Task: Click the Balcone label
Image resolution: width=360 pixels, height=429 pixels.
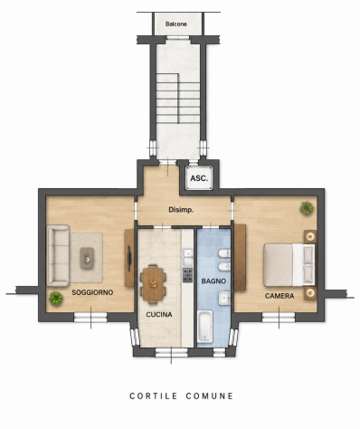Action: [x=176, y=24]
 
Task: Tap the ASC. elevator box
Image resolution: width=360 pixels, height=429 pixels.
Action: [x=199, y=178]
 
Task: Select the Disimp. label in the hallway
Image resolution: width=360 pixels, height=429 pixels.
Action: [x=181, y=210]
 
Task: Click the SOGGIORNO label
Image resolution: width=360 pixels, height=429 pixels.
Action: [x=92, y=292]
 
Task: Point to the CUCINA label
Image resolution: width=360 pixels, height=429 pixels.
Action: [x=159, y=315]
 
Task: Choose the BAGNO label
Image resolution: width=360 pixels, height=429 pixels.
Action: [x=213, y=281]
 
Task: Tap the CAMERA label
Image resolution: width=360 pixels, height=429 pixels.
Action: [x=279, y=296]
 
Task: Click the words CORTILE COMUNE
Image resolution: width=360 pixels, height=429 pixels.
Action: [x=182, y=396]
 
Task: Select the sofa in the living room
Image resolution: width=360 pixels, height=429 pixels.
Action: [x=58, y=255]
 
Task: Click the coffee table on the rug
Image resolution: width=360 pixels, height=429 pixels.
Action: [x=87, y=258]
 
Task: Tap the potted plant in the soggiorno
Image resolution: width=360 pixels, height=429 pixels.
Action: [x=56, y=299]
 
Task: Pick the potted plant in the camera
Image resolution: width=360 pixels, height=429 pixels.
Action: [x=307, y=208]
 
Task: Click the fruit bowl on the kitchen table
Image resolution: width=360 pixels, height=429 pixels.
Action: [x=153, y=284]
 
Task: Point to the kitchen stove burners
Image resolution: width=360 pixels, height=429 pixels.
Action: [x=187, y=275]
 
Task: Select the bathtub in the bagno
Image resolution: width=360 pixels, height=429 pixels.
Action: [x=205, y=327]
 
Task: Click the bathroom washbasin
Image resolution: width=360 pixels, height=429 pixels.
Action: [x=224, y=299]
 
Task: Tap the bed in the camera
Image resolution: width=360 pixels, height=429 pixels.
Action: [x=289, y=265]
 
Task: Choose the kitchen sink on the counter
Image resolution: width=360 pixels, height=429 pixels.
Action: [x=187, y=257]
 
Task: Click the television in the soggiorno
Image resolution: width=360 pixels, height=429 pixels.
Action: [x=129, y=258]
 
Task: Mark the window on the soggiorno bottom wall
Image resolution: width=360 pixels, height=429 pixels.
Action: [x=90, y=318]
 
